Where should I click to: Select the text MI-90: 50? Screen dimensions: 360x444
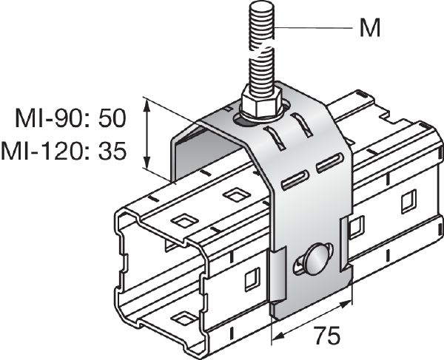tap(71, 118)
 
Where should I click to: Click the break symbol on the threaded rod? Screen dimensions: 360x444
tap(261, 52)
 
